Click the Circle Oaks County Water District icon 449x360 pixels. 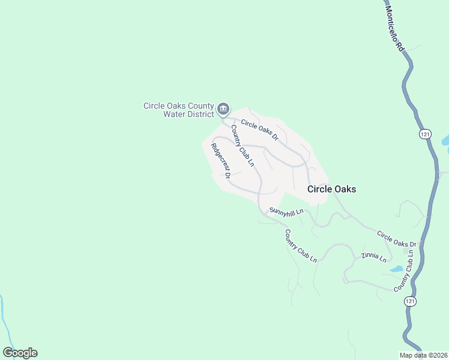coord(223,109)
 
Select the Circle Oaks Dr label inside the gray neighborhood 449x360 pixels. coord(260,130)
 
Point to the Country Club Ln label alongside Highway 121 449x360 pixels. coord(405,272)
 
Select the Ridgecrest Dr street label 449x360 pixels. coord(220,161)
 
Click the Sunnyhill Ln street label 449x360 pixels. coord(286,211)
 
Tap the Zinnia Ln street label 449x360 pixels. coord(373,257)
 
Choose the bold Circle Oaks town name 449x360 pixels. coord(331,189)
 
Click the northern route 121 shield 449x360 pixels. coord(425,134)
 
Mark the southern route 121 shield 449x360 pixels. coord(410,300)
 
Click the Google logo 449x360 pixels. coord(20,353)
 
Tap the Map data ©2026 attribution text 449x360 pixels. coord(424,355)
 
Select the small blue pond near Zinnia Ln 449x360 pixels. coord(396,269)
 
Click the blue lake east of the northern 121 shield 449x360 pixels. coord(445,142)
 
